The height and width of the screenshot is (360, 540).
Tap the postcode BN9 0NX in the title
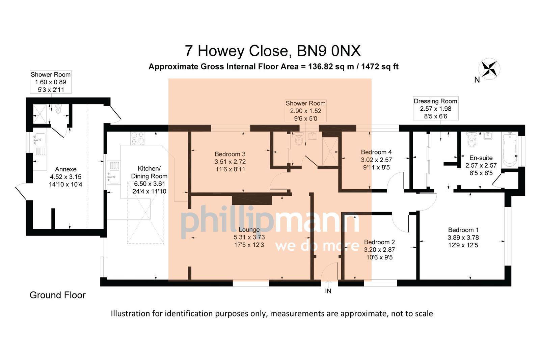point(329,51)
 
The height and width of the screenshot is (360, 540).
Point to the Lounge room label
point(249,230)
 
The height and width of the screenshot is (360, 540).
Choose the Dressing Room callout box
point(435,108)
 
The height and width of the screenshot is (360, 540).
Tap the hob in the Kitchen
point(137,138)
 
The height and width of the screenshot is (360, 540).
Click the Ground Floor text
point(58,295)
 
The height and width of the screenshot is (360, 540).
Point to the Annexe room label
point(66,169)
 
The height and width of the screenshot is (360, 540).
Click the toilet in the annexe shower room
point(58,109)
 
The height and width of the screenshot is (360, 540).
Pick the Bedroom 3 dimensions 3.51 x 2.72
point(230,162)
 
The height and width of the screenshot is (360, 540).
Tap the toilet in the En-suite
point(471,139)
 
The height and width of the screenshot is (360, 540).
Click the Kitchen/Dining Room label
point(149,172)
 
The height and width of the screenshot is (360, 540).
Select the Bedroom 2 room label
point(379,242)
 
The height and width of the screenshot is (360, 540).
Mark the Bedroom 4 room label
point(376,152)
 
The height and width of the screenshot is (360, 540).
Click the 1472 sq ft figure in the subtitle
point(380,66)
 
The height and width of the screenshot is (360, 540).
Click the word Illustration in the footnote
point(130,313)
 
